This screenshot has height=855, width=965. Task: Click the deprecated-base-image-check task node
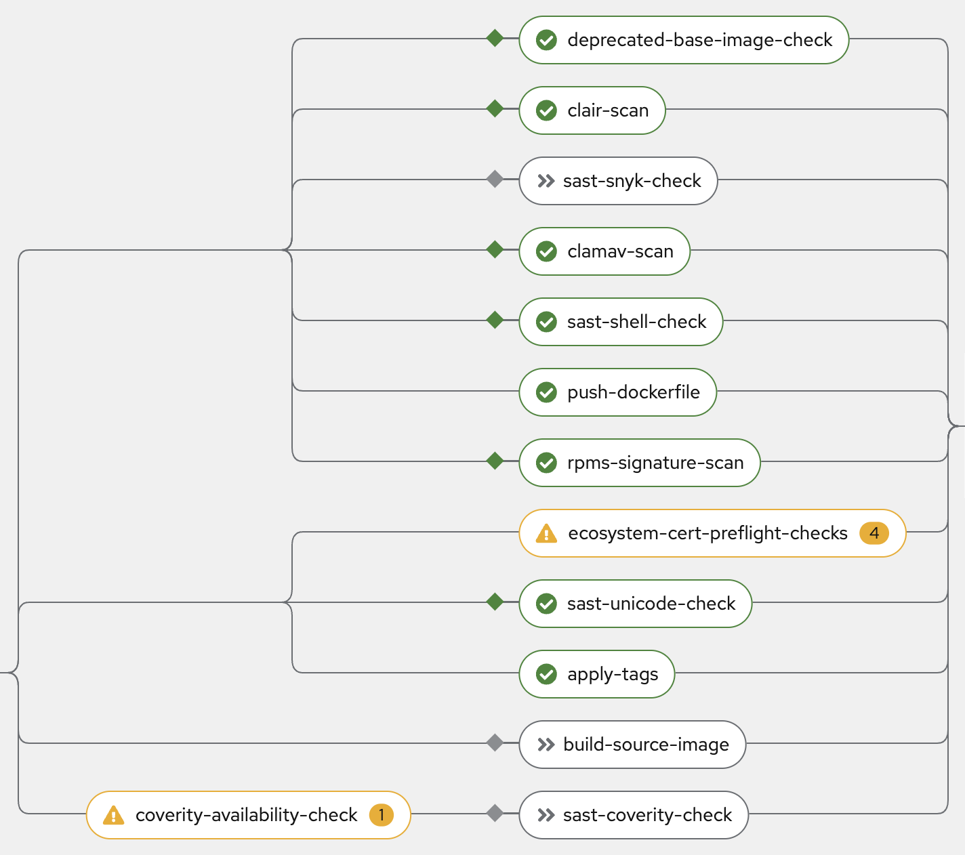coord(684,40)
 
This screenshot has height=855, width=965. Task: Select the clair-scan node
coord(592,110)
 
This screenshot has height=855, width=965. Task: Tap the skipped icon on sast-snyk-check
coord(546,181)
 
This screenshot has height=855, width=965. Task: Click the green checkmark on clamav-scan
coord(546,251)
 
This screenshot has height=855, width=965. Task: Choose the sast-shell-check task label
coord(636,322)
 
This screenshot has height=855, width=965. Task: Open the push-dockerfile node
coord(617,392)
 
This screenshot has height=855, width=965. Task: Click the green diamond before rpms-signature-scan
coord(495,461)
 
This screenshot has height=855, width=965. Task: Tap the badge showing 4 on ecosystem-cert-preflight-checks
coord(874,533)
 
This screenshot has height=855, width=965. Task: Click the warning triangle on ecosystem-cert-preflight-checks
coord(546,534)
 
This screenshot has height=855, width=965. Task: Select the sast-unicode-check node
coord(635,604)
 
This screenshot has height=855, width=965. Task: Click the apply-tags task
coord(596,674)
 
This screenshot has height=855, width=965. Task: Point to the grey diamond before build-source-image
coord(495,743)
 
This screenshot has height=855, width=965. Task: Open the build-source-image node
coord(632,745)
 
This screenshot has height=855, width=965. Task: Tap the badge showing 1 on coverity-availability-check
coord(382,815)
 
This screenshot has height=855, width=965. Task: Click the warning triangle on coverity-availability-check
coord(113,816)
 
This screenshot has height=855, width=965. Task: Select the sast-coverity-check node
coord(634,815)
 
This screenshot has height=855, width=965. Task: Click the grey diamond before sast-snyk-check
coord(495,179)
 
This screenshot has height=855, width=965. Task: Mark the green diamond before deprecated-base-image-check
coord(495,38)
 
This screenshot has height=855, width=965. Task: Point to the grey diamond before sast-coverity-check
coord(495,813)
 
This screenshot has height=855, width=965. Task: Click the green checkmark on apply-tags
coord(546,674)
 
